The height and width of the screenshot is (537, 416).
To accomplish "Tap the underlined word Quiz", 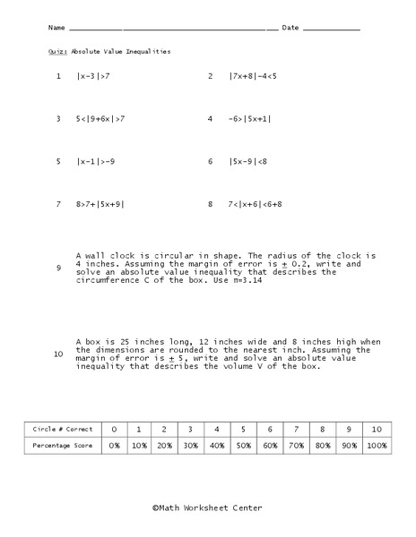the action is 56,51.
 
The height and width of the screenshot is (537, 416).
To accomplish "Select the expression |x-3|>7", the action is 93,76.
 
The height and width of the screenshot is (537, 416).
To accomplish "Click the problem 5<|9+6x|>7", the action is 100,118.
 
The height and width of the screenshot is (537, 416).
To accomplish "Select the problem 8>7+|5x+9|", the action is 100,204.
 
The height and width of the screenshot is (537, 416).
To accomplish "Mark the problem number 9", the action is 58,268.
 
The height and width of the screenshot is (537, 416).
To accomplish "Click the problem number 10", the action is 58,354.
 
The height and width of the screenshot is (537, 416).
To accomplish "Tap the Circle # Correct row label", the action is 62,430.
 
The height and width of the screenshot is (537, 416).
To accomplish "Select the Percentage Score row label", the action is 62,445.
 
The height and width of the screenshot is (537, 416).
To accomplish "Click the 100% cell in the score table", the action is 377,445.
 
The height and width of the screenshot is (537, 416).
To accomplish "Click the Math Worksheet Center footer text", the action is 207,507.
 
